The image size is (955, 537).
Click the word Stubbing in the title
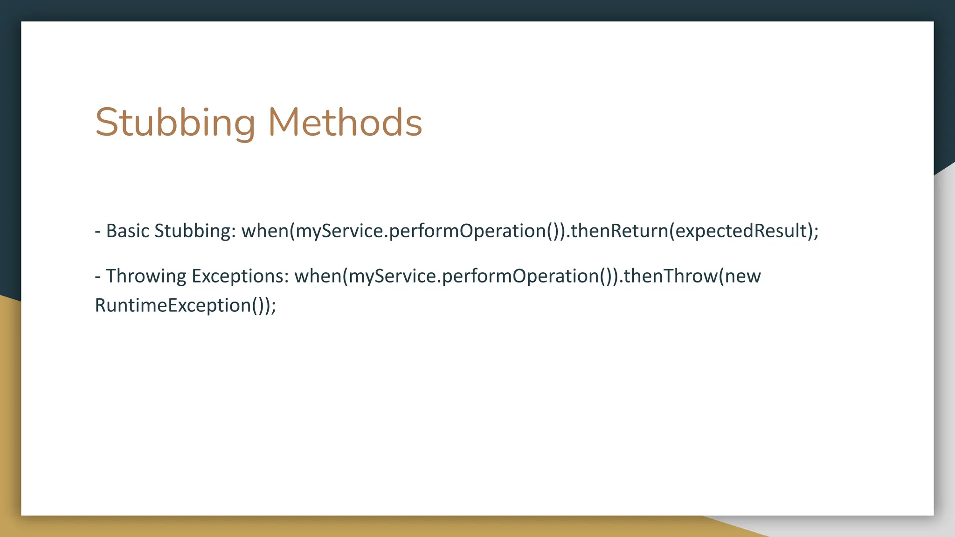(175, 122)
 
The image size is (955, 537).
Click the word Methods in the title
(345, 122)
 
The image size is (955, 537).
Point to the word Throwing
(146, 276)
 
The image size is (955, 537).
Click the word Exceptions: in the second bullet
(241, 276)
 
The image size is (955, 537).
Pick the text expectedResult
(741, 231)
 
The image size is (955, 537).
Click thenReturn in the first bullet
(619, 231)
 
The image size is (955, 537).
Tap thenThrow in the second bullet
(671, 276)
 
